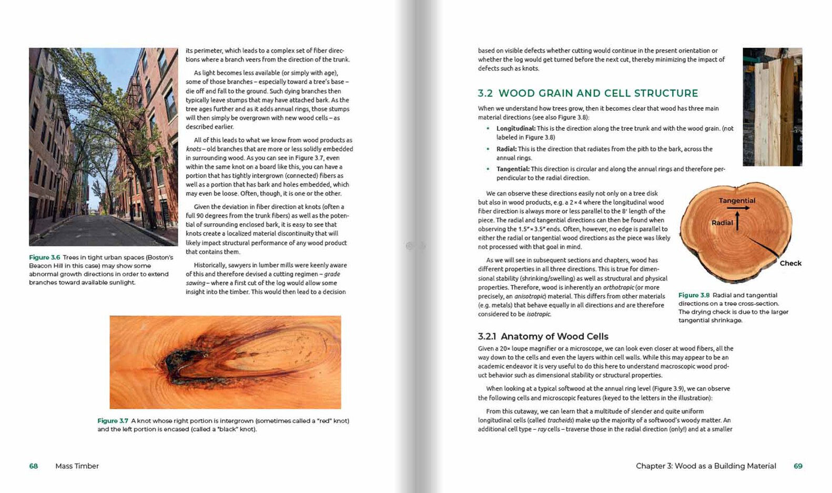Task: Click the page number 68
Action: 34,466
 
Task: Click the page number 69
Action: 798,466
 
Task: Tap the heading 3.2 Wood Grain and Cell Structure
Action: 587,94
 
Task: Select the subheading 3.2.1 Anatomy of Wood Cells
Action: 543,336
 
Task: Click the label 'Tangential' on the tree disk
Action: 737,201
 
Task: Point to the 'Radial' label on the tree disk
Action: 722,223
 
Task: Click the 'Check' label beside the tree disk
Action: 790,263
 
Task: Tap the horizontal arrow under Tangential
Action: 738,208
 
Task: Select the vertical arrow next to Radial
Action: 737,221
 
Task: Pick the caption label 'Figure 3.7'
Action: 113,421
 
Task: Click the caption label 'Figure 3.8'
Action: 694,295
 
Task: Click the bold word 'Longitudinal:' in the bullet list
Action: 515,129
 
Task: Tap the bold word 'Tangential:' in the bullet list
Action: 512,169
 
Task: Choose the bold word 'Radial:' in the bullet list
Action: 506,149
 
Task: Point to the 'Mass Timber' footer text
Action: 77,466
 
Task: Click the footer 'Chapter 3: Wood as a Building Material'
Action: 705,466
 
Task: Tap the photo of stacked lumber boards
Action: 772,107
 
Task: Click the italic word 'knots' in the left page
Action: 193,149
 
